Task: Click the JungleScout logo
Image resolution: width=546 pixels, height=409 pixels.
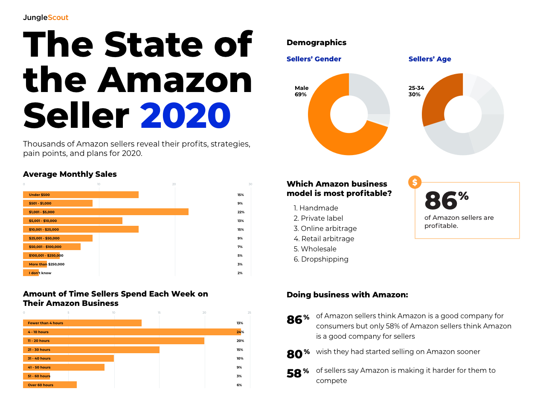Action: coord(46,17)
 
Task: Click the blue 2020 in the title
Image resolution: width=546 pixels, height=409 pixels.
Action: coord(185,115)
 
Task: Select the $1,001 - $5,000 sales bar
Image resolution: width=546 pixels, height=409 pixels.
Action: coord(105,212)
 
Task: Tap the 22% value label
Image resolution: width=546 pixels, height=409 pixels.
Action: coord(241,212)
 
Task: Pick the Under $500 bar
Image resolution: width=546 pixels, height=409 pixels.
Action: coord(81,195)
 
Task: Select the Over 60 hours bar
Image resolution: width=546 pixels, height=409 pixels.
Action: coord(49,385)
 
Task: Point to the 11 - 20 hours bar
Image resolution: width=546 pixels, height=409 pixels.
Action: coord(113,341)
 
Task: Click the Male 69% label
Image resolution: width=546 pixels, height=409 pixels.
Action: coord(301,91)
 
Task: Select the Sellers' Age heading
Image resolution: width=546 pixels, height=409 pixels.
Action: coord(430,59)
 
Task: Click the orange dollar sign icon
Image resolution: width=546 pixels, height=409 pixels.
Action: coord(415,182)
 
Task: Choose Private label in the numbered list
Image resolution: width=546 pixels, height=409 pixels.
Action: coord(322,218)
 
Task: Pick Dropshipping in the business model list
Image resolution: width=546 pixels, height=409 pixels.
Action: coord(324,259)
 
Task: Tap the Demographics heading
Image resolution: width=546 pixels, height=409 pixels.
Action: coord(316,43)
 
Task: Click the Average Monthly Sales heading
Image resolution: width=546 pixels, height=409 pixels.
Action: coord(70,174)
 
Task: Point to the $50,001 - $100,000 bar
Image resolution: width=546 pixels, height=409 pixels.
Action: coord(52,247)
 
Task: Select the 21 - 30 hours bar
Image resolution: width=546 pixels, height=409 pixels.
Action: coord(91,350)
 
